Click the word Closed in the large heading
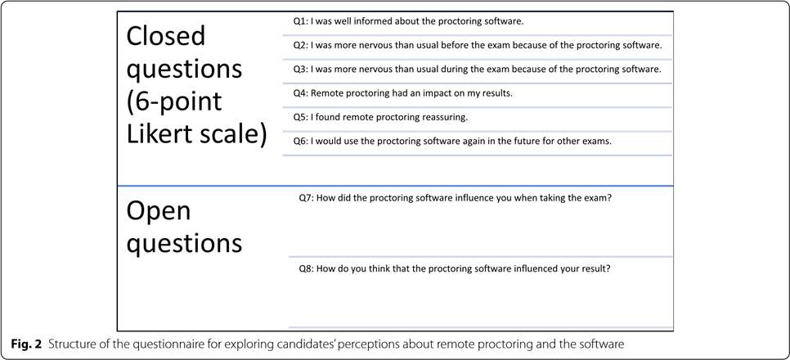pyautogui.click(x=166, y=36)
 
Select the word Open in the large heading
pyautogui.click(x=158, y=211)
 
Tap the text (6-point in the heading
pyautogui.click(x=174, y=102)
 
